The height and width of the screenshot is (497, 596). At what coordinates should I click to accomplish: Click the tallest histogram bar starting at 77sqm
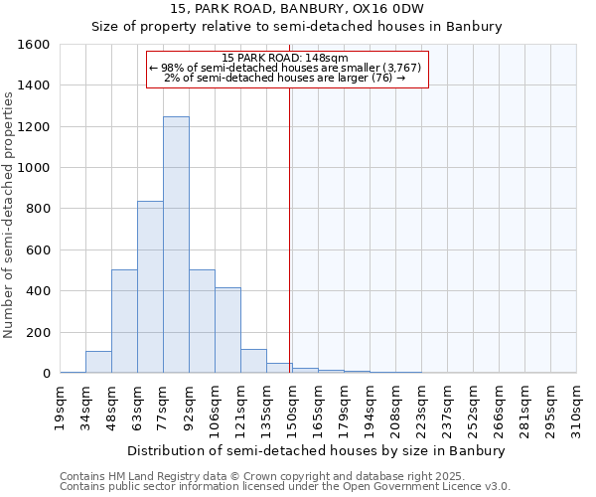(x=176, y=245)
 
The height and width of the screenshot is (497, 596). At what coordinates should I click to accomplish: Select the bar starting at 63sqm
(x=150, y=286)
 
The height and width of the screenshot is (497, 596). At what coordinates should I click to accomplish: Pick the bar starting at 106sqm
(x=227, y=330)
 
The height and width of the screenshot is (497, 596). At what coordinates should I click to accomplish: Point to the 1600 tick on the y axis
(x=34, y=45)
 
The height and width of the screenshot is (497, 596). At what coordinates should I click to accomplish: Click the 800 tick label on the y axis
(x=38, y=209)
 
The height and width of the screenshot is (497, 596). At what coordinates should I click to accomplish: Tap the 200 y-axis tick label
(x=38, y=332)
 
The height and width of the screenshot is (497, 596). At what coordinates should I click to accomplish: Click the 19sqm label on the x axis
(x=60, y=404)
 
